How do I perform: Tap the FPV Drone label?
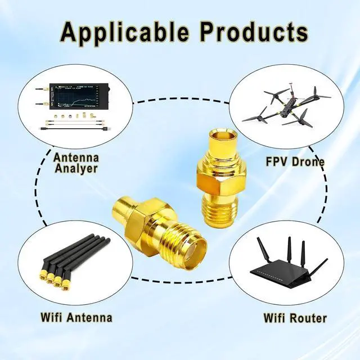(295, 162)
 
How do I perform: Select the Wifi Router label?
(295, 318)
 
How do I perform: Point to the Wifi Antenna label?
(76, 317)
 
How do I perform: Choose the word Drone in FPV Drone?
(309, 162)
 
